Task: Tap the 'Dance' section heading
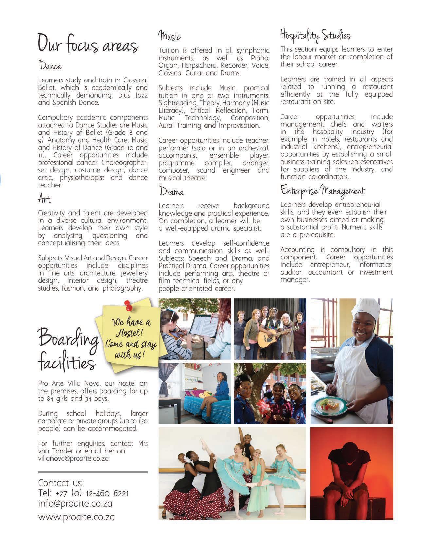coord(50,65)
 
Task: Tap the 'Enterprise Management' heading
coord(322,190)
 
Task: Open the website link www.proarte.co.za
coord(76,517)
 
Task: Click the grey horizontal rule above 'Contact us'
coord(93,472)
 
